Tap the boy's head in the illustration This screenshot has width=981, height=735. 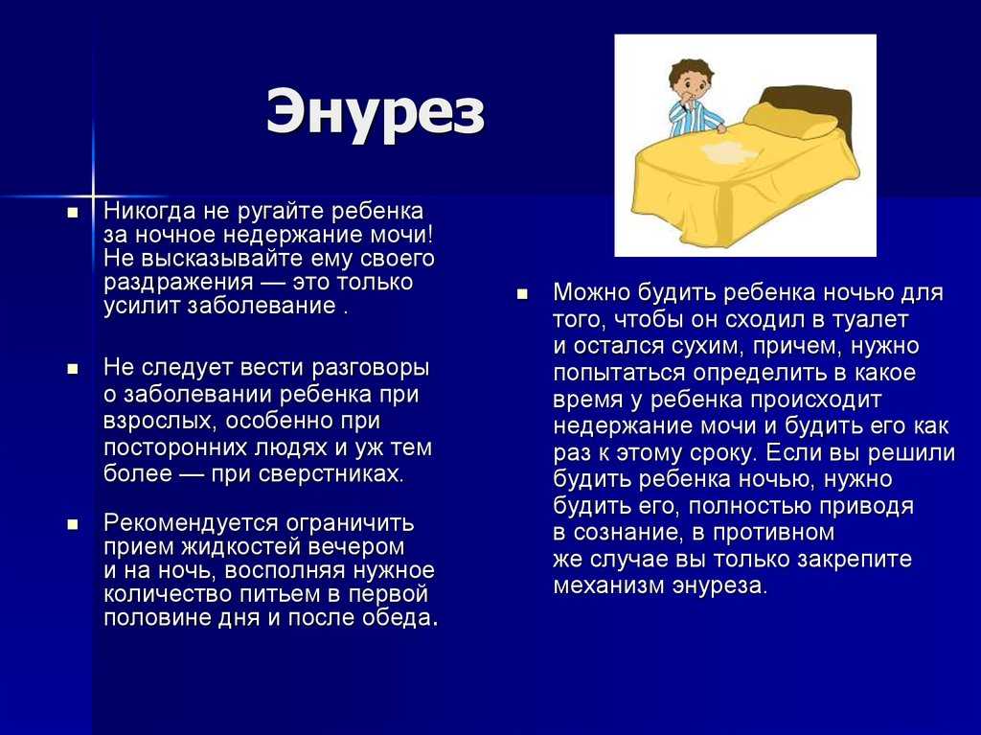(691, 80)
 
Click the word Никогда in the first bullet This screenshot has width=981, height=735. (149, 211)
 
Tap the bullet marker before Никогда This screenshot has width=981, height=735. (73, 212)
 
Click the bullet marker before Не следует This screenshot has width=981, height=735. (73, 369)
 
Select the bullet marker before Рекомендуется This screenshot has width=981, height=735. (73, 524)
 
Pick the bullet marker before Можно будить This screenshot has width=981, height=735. (522, 293)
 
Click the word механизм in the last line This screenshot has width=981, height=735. (608, 586)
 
